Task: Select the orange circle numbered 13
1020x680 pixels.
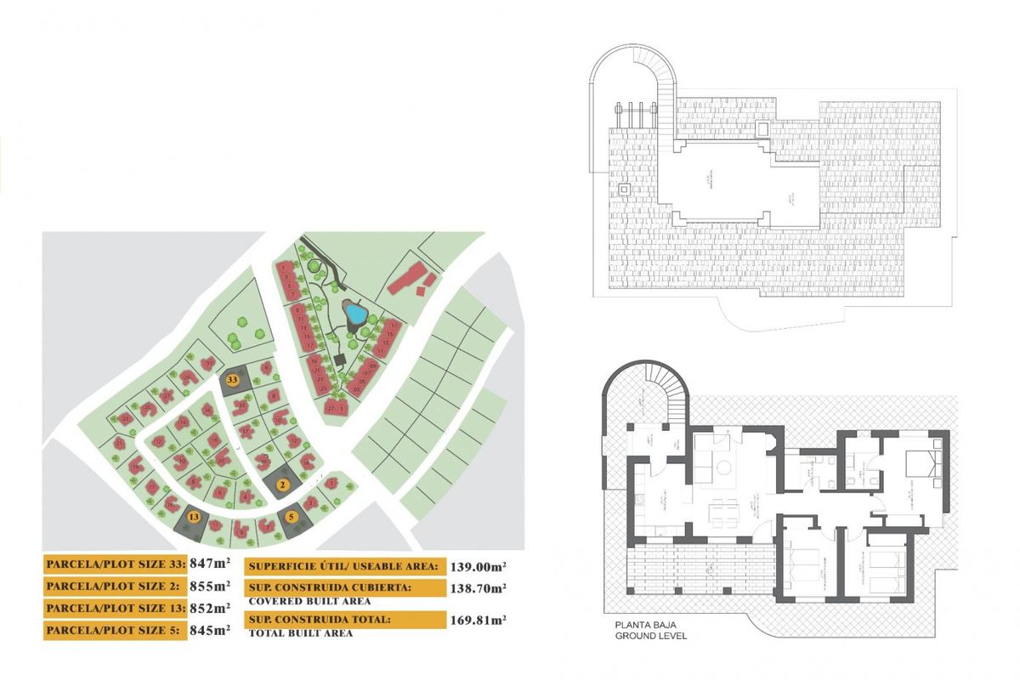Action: [195, 517]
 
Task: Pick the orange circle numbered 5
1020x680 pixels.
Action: [292, 515]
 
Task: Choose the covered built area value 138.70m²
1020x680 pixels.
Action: [479, 587]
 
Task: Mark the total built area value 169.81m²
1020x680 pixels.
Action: [479, 620]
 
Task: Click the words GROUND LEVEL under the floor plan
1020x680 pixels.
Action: [652, 635]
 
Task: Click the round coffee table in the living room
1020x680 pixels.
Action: [723, 467]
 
